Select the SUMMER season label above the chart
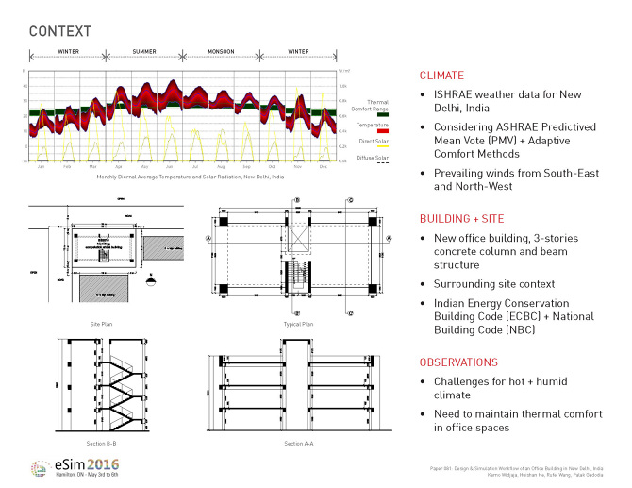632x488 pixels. coord(143,51)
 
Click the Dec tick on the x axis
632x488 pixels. coord(324,166)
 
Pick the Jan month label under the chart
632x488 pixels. coord(42,166)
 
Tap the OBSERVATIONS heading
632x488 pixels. coord(458,362)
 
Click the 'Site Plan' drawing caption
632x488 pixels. coord(103,323)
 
